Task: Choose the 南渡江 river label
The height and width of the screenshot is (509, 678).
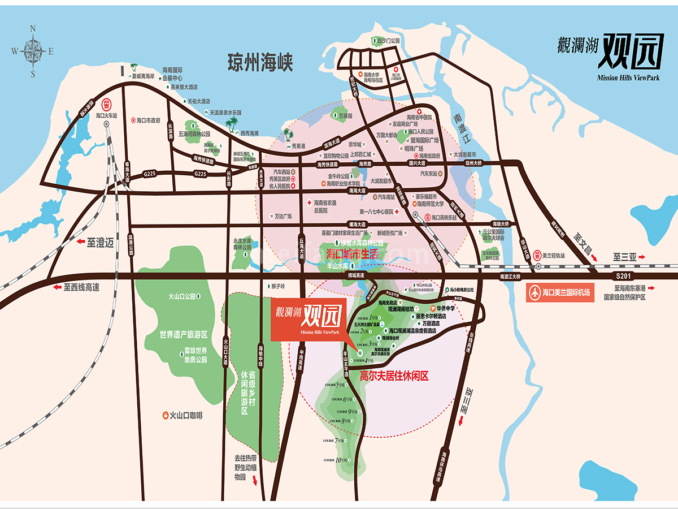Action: coord(458,130)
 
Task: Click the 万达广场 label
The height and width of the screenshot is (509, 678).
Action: coord(282,216)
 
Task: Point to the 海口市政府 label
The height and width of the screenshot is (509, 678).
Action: coord(148,120)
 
